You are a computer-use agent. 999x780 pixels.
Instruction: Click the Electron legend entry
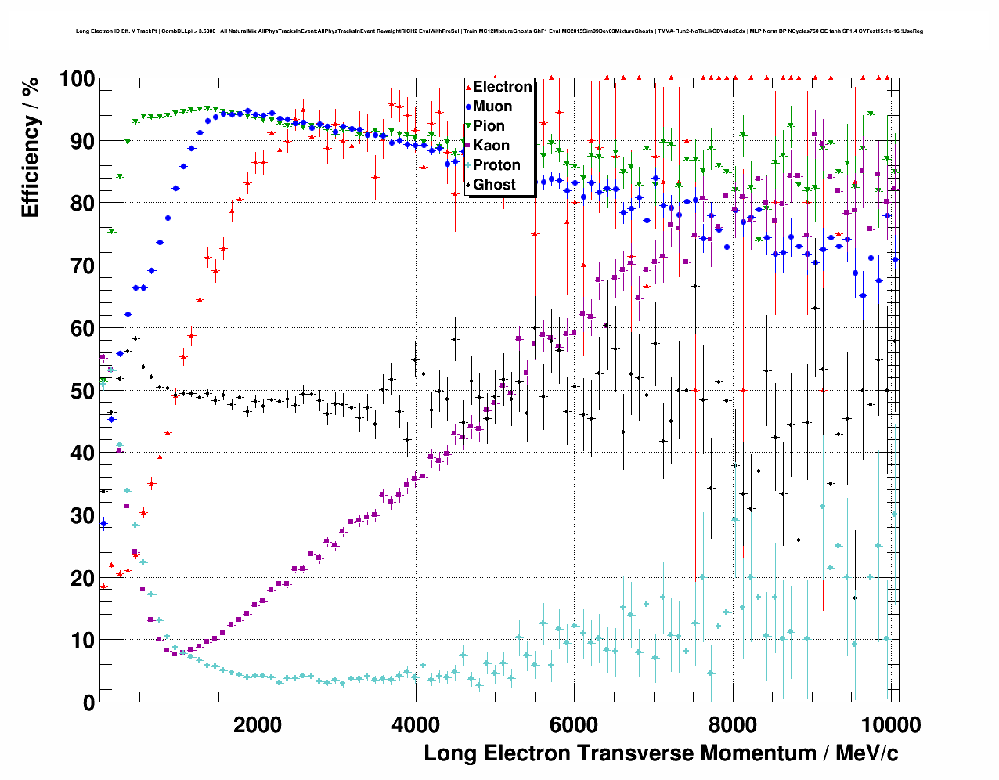point(502,87)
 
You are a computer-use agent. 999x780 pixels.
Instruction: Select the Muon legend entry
point(492,107)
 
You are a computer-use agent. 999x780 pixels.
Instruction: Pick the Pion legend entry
point(489,126)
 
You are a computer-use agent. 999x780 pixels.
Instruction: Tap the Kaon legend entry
point(491,146)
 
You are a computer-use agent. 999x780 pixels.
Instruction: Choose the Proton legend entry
point(496,165)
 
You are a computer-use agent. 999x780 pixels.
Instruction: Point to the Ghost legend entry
point(494,185)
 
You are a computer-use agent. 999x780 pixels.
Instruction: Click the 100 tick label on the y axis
point(77,79)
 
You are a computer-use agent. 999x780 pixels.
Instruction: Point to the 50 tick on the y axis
point(82,391)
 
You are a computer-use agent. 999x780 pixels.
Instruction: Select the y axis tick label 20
point(82,578)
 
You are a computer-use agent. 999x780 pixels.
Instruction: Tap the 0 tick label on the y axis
point(88,702)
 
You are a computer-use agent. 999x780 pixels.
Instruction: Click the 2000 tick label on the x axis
point(258,724)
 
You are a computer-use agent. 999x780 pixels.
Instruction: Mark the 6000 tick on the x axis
point(574,724)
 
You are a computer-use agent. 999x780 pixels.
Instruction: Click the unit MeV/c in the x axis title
point(867,753)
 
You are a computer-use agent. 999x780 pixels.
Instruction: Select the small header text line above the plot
point(499,31)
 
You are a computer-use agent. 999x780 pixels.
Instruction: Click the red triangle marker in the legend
point(468,88)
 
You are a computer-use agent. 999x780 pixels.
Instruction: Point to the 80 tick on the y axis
point(82,204)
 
